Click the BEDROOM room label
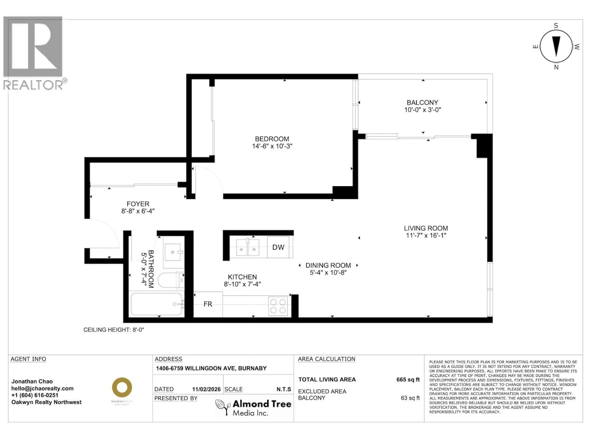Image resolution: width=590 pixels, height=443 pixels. click(x=272, y=139)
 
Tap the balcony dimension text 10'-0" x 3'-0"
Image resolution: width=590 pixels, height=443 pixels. click(x=423, y=110)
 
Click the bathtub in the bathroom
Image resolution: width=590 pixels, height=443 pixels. click(x=156, y=304)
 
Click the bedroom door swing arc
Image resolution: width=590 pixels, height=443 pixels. click(x=209, y=179)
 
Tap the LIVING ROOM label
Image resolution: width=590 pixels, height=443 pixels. click(x=426, y=228)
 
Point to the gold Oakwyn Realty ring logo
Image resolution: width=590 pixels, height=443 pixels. click(x=122, y=387)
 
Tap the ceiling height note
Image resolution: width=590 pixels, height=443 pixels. click(x=114, y=330)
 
